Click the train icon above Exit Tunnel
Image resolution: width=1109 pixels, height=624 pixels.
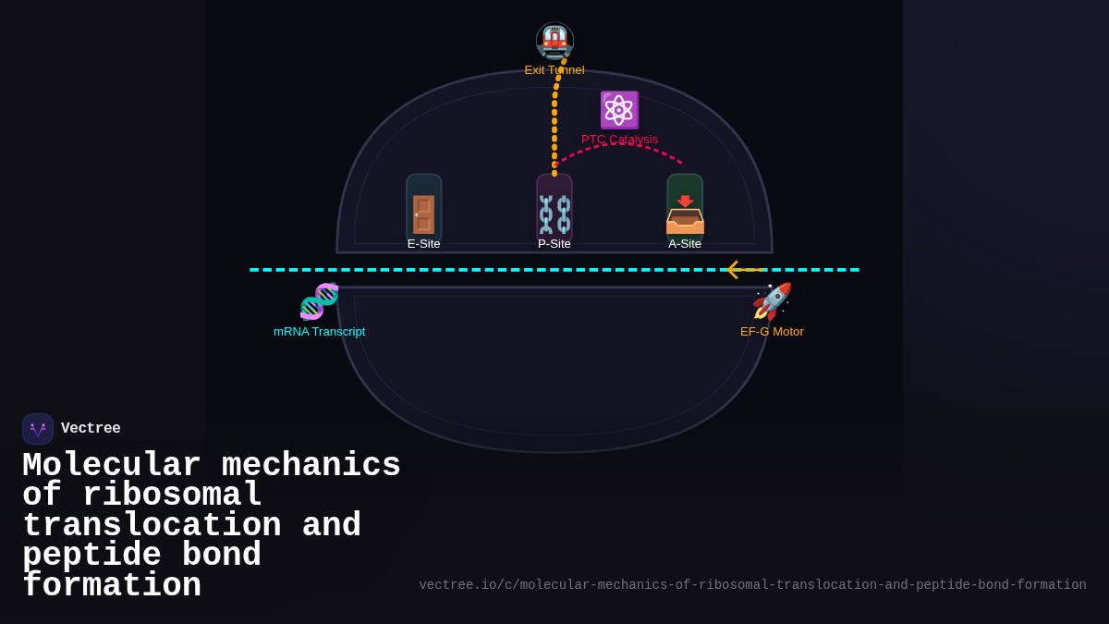(x=554, y=41)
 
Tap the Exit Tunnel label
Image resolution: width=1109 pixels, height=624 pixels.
(x=554, y=70)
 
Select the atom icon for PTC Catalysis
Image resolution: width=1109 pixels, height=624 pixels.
(x=619, y=110)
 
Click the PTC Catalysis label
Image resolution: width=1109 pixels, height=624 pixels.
(x=619, y=140)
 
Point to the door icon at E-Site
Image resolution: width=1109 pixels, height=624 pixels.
(x=424, y=214)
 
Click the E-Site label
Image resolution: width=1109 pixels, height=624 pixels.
(x=424, y=244)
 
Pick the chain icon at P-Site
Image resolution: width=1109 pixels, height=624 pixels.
(x=554, y=214)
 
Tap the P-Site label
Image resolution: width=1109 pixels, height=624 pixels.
(x=554, y=244)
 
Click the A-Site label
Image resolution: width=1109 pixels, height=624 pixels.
(x=685, y=244)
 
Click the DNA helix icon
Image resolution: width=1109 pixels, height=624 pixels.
(x=319, y=301)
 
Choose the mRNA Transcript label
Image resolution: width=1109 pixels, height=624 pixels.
(x=319, y=332)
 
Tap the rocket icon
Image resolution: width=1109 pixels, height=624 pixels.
(x=772, y=301)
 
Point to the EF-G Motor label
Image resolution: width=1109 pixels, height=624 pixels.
(x=772, y=332)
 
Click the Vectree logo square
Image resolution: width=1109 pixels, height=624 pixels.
(x=38, y=429)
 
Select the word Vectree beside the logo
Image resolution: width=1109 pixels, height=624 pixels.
(x=91, y=429)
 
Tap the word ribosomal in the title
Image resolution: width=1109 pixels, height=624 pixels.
(x=172, y=496)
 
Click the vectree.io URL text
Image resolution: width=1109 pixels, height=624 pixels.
(x=752, y=585)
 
